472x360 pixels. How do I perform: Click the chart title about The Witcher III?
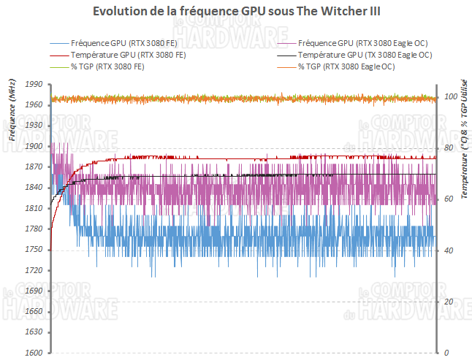[235, 12]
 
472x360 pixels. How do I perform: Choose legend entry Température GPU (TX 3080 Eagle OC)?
[365, 55]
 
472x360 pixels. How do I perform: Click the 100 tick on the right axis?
[450, 97]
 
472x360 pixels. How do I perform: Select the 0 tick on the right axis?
[446, 353]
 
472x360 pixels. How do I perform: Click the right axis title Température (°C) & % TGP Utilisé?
[463, 139]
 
